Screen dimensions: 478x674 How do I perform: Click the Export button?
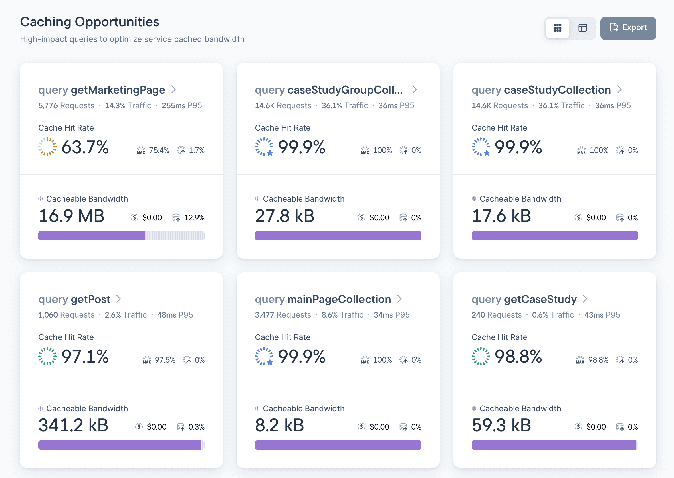tap(628, 28)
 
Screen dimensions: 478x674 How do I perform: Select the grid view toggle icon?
tap(557, 28)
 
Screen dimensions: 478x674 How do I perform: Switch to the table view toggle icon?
tap(582, 28)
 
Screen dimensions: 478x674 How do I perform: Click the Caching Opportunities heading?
tap(90, 22)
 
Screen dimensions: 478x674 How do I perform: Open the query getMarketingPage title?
tap(102, 90)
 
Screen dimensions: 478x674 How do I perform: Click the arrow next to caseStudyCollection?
tap(619, 89)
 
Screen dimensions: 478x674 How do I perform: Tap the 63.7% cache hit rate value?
tap(85, 147)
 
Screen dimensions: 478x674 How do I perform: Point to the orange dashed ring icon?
tap(47, 147)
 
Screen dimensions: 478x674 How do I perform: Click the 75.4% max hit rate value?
tap(159, 150)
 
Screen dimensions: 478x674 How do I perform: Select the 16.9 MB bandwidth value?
tap(72, 216)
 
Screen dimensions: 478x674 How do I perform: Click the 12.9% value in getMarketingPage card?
tap(194, 217)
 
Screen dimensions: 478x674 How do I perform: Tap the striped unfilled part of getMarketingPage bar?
tap(175, 236)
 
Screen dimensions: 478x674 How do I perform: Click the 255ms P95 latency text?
tap(182, 105)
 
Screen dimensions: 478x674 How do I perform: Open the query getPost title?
tap(74, 299)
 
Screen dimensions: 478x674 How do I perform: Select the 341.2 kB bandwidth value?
tap(73, 425)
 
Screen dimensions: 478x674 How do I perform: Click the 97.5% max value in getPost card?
tap(165, 360)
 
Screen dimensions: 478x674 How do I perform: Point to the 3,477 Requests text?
tap(283, 315)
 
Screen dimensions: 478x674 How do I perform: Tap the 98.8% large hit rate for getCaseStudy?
tap(518, 357)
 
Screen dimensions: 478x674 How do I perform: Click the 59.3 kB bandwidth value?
tap(501, 425)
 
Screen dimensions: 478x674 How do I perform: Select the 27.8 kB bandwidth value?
tap(285, 216)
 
